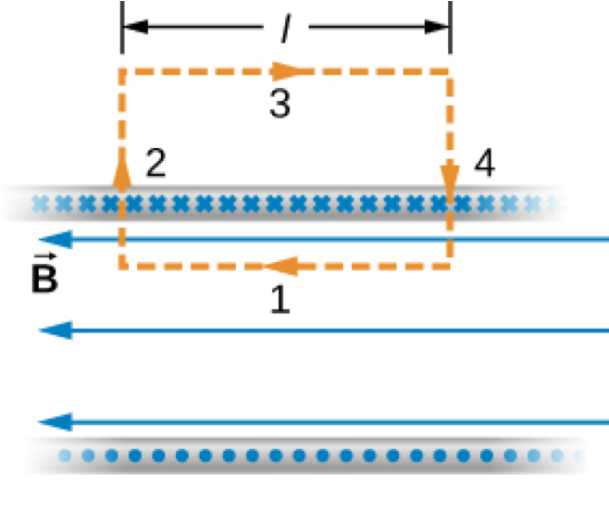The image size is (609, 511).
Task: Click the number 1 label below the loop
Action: click(280, 299)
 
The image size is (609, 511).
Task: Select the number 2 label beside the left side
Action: click(156, 165)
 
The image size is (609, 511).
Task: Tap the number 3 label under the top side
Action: click(280, 104)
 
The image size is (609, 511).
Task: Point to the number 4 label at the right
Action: click(483, 165)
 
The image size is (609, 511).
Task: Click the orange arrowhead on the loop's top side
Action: click(286, 69)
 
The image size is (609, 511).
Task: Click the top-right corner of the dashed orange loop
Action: click(450, 69)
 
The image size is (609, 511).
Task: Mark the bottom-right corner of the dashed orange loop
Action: click(450, 267)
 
